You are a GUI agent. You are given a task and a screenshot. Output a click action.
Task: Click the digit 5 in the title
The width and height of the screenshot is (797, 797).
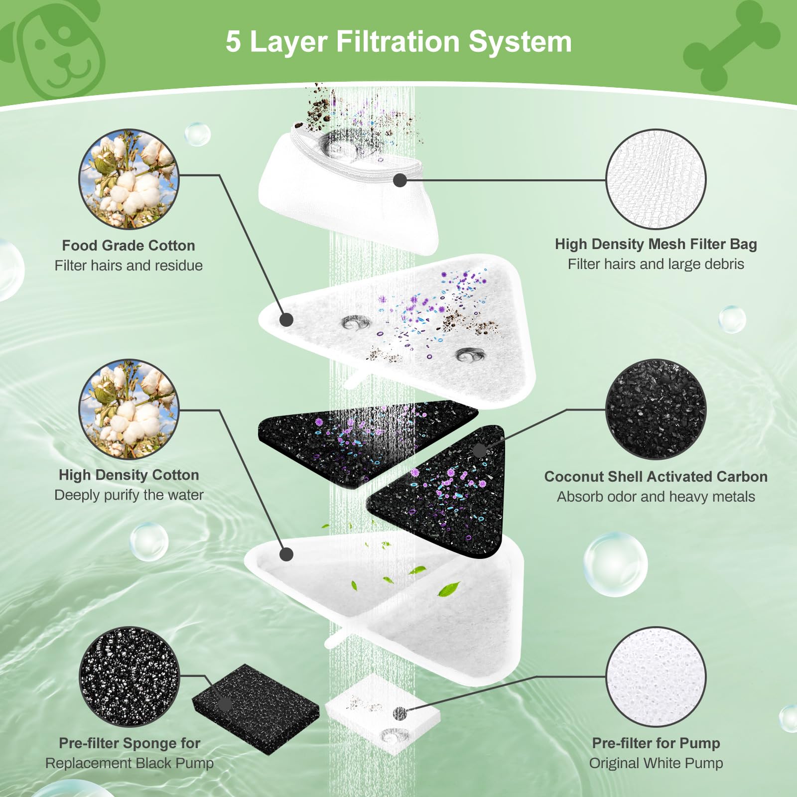coord(233,42)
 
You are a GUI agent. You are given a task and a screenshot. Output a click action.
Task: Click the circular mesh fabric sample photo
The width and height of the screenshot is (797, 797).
coord(656,179)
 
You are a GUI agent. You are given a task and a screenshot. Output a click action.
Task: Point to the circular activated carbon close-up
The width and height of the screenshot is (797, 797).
coord(656,409)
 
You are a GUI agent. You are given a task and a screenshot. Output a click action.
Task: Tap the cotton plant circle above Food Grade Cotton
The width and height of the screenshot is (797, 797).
coord(129,179)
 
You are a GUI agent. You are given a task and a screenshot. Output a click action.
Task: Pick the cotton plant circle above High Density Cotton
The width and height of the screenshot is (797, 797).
coord(129,409)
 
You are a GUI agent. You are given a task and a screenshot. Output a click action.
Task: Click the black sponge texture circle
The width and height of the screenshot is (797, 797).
coord(129,676)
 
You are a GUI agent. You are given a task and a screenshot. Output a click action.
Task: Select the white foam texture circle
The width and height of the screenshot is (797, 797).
coord(656,676)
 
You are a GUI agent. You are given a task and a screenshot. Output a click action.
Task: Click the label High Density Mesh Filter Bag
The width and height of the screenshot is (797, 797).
coord(656,244)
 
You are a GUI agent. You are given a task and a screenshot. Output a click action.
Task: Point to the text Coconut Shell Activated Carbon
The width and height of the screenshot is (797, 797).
coord(656,477)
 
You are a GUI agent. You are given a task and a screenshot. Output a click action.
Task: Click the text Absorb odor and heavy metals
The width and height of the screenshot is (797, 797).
coord(656,497)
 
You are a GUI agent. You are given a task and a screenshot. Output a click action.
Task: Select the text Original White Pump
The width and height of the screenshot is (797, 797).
coord(656,763)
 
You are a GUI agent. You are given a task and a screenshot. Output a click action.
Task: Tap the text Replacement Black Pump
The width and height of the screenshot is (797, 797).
coord(129,763)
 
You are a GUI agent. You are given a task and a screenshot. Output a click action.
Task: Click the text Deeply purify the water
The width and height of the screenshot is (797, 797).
coord(129,495)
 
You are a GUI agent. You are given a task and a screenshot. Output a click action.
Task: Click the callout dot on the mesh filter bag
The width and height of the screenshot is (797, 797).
coord(399,180)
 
